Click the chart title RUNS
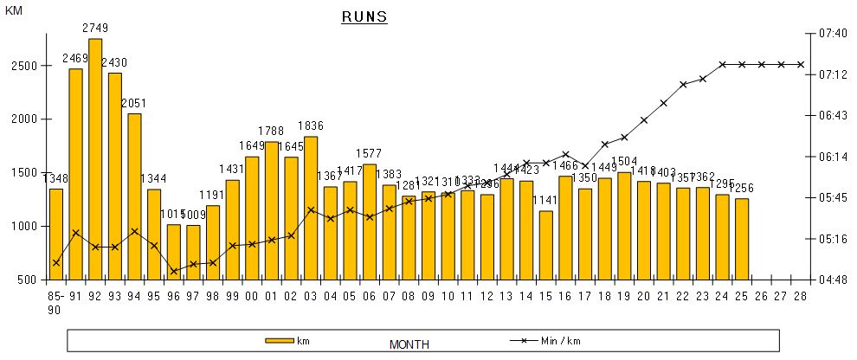click(x=363, y=16)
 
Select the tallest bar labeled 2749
click(x=95, y=159)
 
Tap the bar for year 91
click(x=75, y=174)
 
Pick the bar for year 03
click(x=310, y=208)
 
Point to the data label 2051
click(x=134, y=103)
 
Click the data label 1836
click(x=310, y=126)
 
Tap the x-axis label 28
click(x=801, y=297)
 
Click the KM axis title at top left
click(x=15, y=10)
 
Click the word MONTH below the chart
click(x=409, y=344)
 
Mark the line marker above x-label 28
click(x=801, y=64)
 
